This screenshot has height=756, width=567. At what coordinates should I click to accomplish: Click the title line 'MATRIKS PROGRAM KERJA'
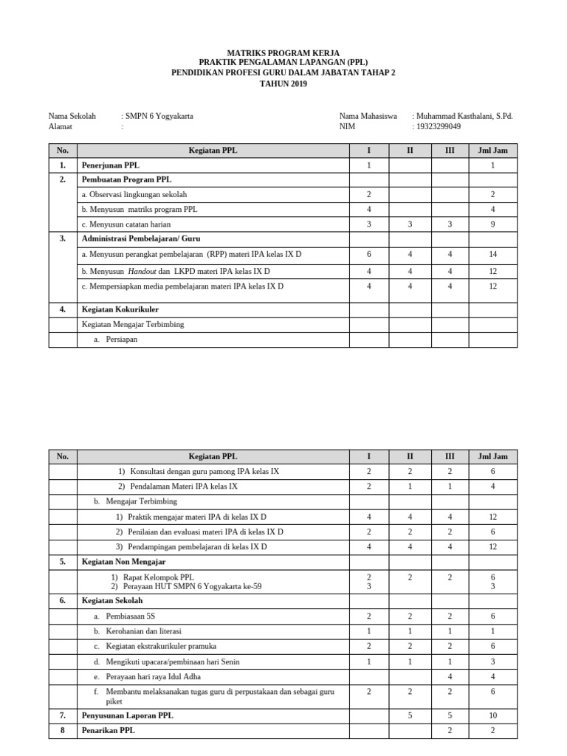(x=283, y=52)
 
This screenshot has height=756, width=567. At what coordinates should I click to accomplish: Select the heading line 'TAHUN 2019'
(x=283, y=83)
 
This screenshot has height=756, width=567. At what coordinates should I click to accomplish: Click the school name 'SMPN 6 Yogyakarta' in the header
(x=159, y=116)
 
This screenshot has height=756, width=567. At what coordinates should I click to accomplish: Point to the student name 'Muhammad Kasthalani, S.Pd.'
(x=464, y=116)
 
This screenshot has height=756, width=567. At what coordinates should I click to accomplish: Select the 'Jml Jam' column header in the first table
(x=492, y=151)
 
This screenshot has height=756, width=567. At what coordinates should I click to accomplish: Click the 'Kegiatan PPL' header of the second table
(x=213, y=456)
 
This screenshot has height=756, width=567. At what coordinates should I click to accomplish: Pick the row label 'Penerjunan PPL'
(x=110, y=165)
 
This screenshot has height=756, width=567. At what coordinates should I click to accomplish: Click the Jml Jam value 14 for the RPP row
(x=492, y=254)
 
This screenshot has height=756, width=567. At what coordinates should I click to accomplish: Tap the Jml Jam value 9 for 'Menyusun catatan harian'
(x=492, y=224)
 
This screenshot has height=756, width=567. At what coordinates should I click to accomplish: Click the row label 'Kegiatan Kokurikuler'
(x=120, y=309)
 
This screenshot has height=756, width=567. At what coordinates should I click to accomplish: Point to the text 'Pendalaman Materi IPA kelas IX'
(x=183, y=487)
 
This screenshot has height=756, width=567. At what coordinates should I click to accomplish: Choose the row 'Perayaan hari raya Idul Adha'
(x=153, y=676)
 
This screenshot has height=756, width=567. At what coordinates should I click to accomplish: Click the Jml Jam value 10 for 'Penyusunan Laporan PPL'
(x=492, y=715)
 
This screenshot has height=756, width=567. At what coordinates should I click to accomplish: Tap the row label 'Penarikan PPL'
(x=109, y=730)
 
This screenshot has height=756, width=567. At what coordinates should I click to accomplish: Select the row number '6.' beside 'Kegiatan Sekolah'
(x=63, y=601)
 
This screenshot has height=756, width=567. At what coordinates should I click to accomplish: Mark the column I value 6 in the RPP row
(x=368, y=254)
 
